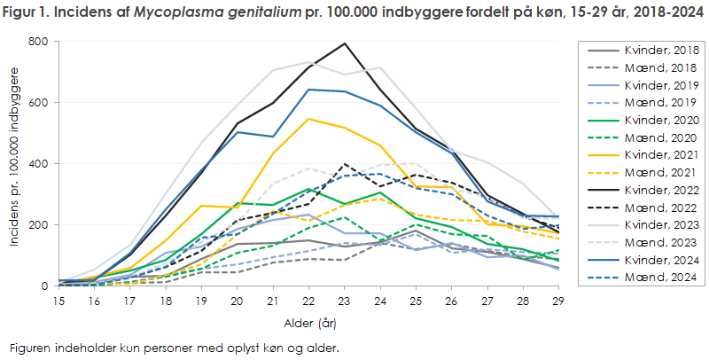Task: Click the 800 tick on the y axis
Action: [38, 42]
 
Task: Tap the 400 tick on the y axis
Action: [38, 164]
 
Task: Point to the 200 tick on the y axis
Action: [38, 225]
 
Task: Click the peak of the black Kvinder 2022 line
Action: [345, 43]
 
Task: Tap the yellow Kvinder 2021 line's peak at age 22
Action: [308, 119]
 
